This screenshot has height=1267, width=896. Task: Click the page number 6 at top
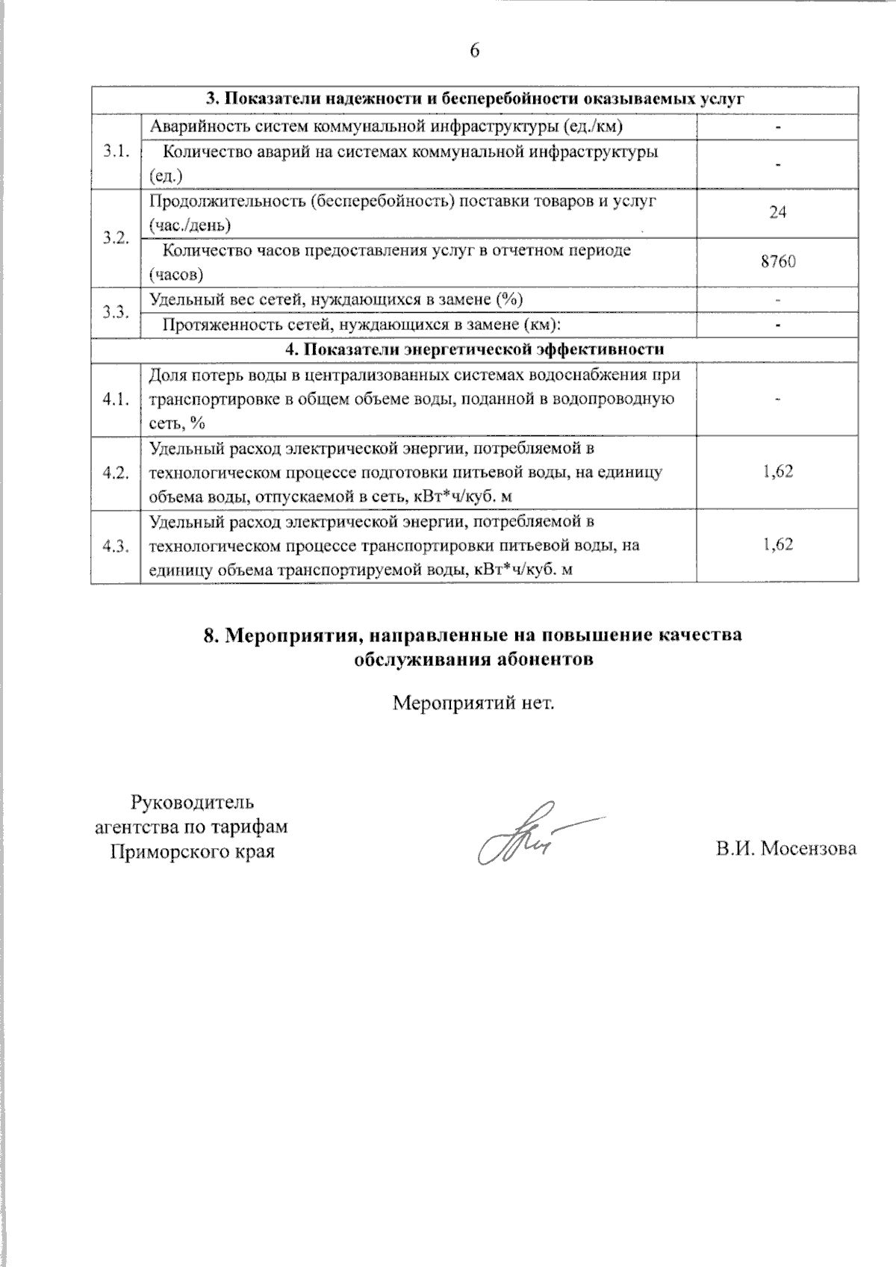coord(475,51)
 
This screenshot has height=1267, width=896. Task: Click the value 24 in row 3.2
coord(777,213)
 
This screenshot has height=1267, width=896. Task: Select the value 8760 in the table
coord(777,262)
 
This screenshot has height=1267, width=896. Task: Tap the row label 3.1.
coord(116,151)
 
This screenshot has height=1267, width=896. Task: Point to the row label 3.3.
coord(116,312)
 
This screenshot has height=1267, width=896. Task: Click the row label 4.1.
coord(116,399)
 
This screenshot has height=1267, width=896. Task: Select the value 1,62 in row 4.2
coord(777,471)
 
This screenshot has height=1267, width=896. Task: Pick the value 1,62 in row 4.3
coord(777,544)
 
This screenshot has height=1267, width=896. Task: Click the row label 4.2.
coord(116,473)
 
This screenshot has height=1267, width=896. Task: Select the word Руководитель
coord(193,803)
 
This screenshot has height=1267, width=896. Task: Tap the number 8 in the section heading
coord(210,635)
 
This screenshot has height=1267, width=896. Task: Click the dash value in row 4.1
coord(777,400)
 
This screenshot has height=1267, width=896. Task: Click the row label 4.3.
coord(116,546)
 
